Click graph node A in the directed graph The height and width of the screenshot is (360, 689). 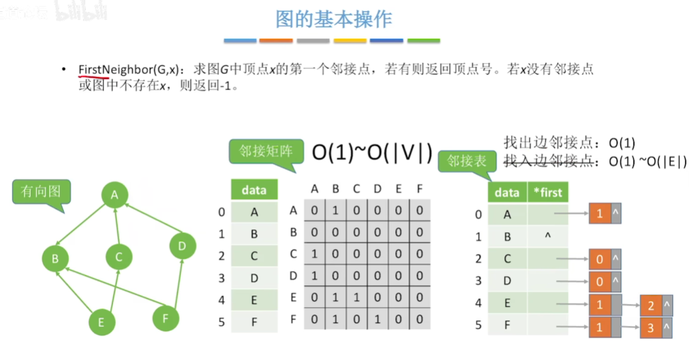coord(115,195)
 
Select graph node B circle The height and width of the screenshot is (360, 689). coord(56,258)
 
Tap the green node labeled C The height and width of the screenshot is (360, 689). coord(118,257)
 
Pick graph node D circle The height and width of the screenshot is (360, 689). coord(182,247)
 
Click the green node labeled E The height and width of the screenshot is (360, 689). coord(101,323)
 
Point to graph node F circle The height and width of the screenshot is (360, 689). coord(166,318)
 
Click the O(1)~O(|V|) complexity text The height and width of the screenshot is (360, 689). coord(373,153)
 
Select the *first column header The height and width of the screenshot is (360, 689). coord(548,193)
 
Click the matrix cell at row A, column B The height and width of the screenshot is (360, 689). coord(335,211)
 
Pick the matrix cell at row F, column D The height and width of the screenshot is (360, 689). coord(377,319)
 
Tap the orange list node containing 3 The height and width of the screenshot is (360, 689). coord(650,328)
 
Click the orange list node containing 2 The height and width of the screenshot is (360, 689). coord(650,305)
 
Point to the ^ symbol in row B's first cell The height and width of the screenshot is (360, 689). coord(547,236)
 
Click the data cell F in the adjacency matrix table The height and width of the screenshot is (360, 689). coord(254,321)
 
